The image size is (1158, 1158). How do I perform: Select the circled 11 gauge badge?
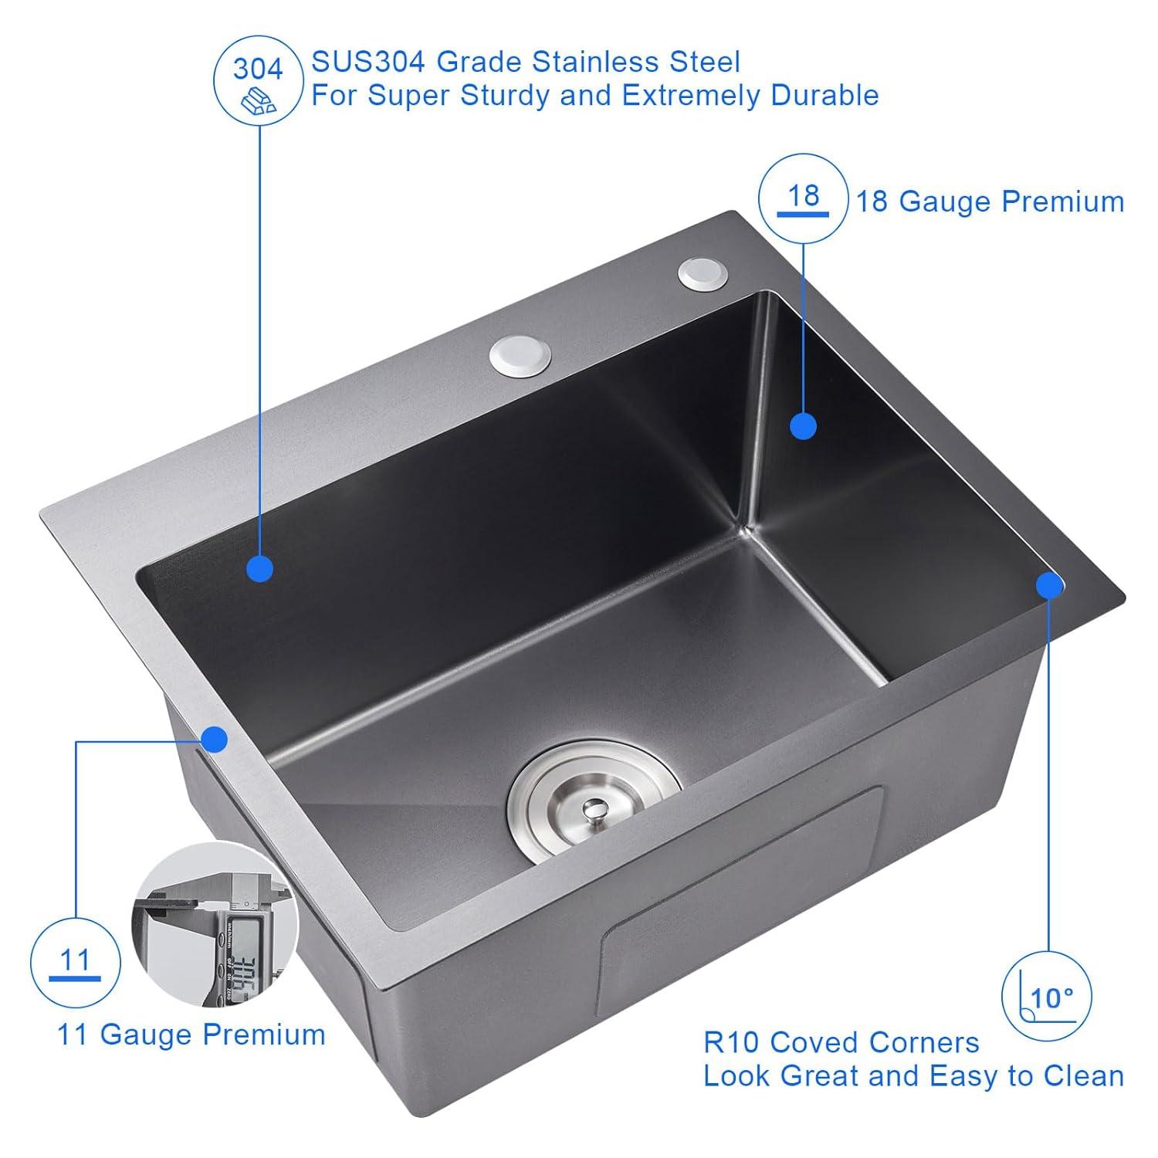click(x=75, y=963)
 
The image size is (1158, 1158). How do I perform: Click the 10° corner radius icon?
click(x=1047, y=996)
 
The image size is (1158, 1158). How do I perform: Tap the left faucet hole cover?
click(x=520, y=354)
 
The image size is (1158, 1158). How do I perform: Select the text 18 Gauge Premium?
click(x=990, y=201)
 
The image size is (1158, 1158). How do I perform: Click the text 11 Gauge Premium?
click(x=191, y=1034)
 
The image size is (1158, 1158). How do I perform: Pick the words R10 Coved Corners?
click(x=841, y=1042)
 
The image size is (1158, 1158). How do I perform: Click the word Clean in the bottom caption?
click(x=1083, y=1075)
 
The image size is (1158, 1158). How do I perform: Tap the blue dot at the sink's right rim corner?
click(x=1049, y=586)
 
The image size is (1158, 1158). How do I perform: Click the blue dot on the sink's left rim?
click(x=215, y=740)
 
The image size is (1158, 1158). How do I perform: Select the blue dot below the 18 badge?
click(x=804, y=426)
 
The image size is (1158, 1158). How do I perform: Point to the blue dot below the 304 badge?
click(x=259, y=569)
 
